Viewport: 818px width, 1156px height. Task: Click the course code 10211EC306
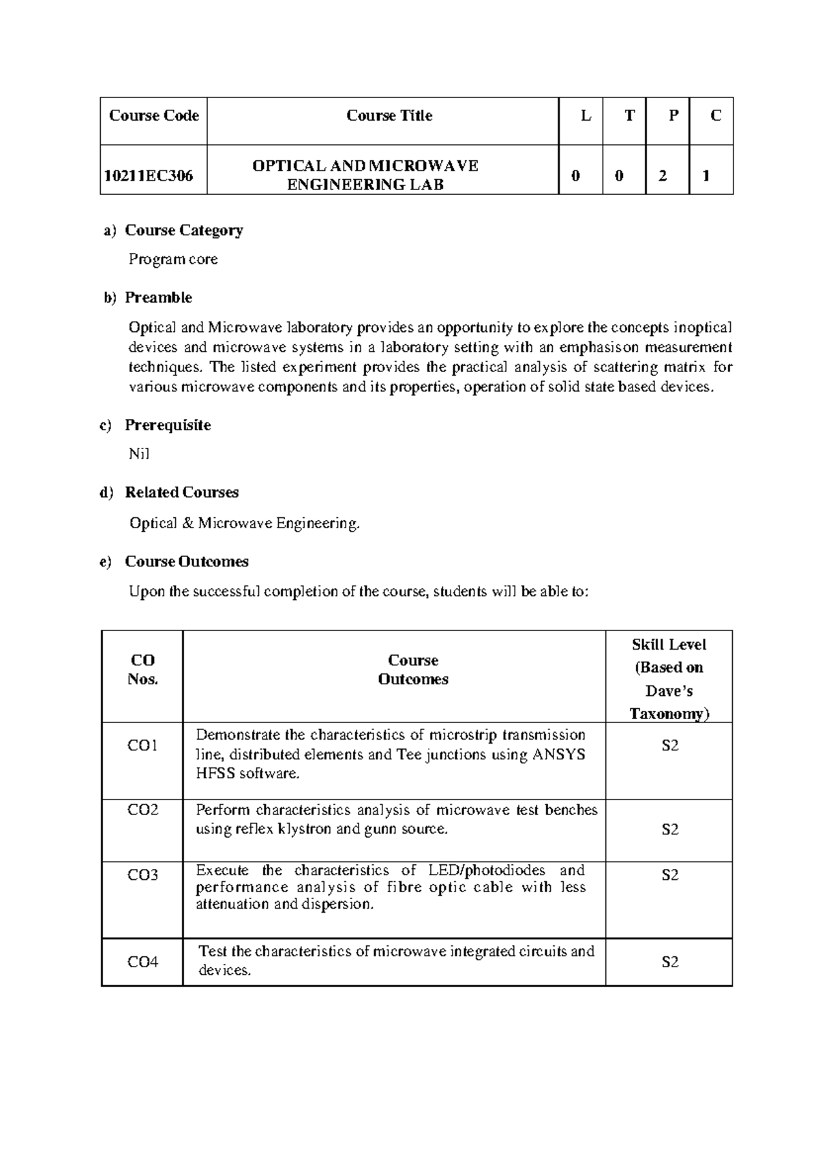coord(148,176)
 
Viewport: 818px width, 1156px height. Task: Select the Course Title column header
coord(389,116)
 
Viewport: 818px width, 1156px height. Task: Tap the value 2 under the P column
coord(663,176)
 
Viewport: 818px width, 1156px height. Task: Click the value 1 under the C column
coord(706,176)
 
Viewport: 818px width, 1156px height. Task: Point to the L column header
coord(586,116)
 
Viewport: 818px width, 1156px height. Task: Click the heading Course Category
coord(183,230)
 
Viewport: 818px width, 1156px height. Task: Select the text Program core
coord(173,259)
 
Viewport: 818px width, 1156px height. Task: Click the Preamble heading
coord(158,298)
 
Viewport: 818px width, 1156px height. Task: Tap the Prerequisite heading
coord(168,425)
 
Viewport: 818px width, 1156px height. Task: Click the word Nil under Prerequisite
coord(138,454)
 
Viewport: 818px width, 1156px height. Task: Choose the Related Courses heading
coord(181,492)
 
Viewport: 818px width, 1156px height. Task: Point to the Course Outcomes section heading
coord(186,562)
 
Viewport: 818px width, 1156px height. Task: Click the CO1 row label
coord(142,746)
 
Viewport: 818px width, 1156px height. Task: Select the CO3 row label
coord(142,875)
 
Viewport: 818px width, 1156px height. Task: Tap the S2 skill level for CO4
coord(670,962)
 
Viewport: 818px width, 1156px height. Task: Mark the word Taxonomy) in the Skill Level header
coord(669,714)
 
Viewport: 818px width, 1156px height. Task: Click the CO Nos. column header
coord(142,669)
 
